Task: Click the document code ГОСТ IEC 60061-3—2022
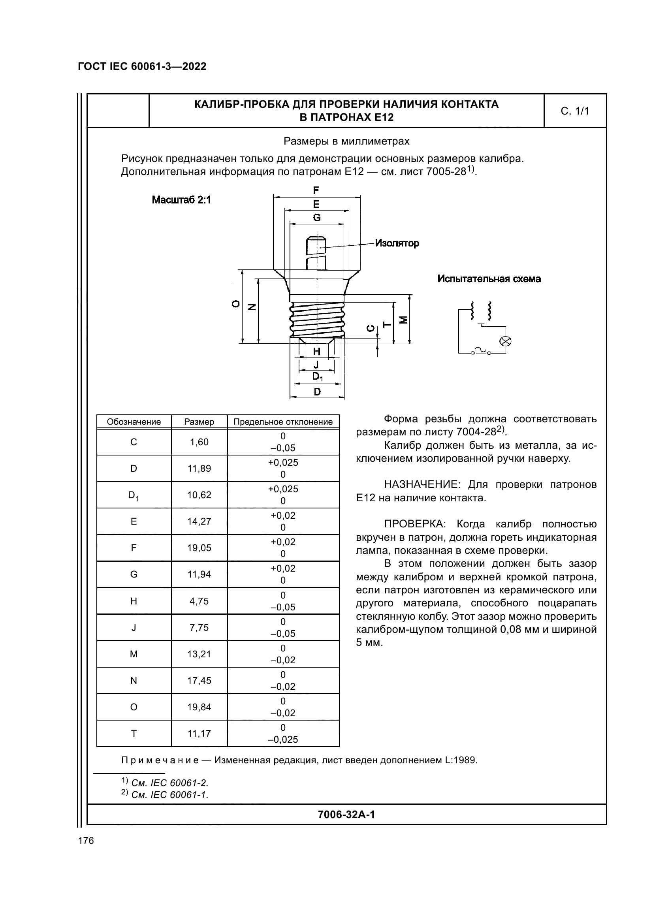point(142,66)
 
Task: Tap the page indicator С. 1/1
point(574,111)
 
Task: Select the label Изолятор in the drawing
point(397,243)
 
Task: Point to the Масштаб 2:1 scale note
point(181,200)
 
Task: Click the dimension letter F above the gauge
point(316,190)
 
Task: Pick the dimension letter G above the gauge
point(317,218)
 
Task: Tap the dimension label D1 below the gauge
point(318,377)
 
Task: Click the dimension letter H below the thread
point(317,351)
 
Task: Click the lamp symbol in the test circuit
point(505,341)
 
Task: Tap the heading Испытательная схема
point(489,279)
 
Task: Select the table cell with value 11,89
point(199,469)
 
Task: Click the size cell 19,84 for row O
point(199,707)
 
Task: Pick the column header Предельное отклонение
point(283,422)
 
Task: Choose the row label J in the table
point(134,627)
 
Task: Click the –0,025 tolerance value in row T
point(283,739)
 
